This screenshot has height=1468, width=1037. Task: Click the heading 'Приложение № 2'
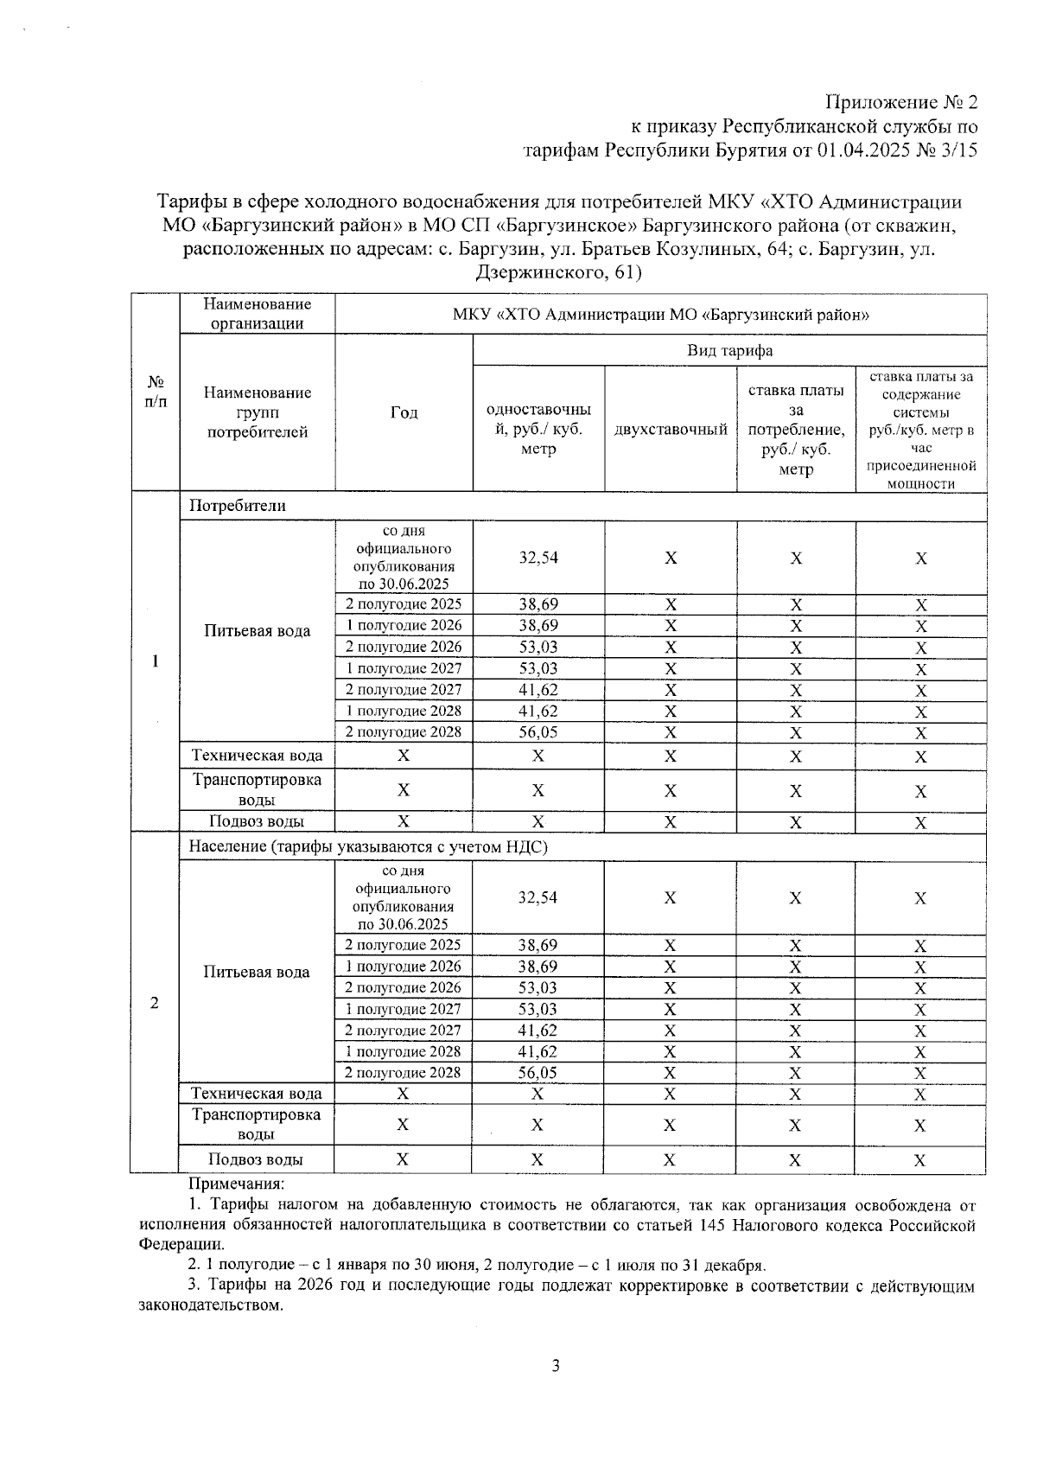[x=901, y=102]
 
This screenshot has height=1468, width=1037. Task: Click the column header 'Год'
[x=404, y=412]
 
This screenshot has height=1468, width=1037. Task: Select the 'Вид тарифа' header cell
[x=729, y=350]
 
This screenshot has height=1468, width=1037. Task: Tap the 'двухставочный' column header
[x=671, y=430]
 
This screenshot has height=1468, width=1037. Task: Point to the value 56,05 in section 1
[x=538, y=732]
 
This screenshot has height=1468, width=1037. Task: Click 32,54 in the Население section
[x=538, y=897]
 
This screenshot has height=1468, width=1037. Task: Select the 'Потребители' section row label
[x=237, y=506]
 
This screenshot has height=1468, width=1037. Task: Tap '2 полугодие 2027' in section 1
[x=404, y=690]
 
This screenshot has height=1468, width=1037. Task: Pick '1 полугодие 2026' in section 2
[x=403, y=967]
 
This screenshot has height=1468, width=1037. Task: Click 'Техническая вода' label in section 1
[x=257, y=756]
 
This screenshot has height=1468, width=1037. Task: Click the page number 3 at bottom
[x=556, y=1366]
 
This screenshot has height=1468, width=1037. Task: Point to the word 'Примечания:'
[x=236, y=1184]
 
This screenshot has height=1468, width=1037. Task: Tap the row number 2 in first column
[x=155, y=1003]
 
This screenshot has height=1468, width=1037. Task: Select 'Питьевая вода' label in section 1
[x=257, y=631]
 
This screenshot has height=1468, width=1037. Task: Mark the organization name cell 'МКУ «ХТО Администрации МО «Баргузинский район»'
[x=660, y=315]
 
